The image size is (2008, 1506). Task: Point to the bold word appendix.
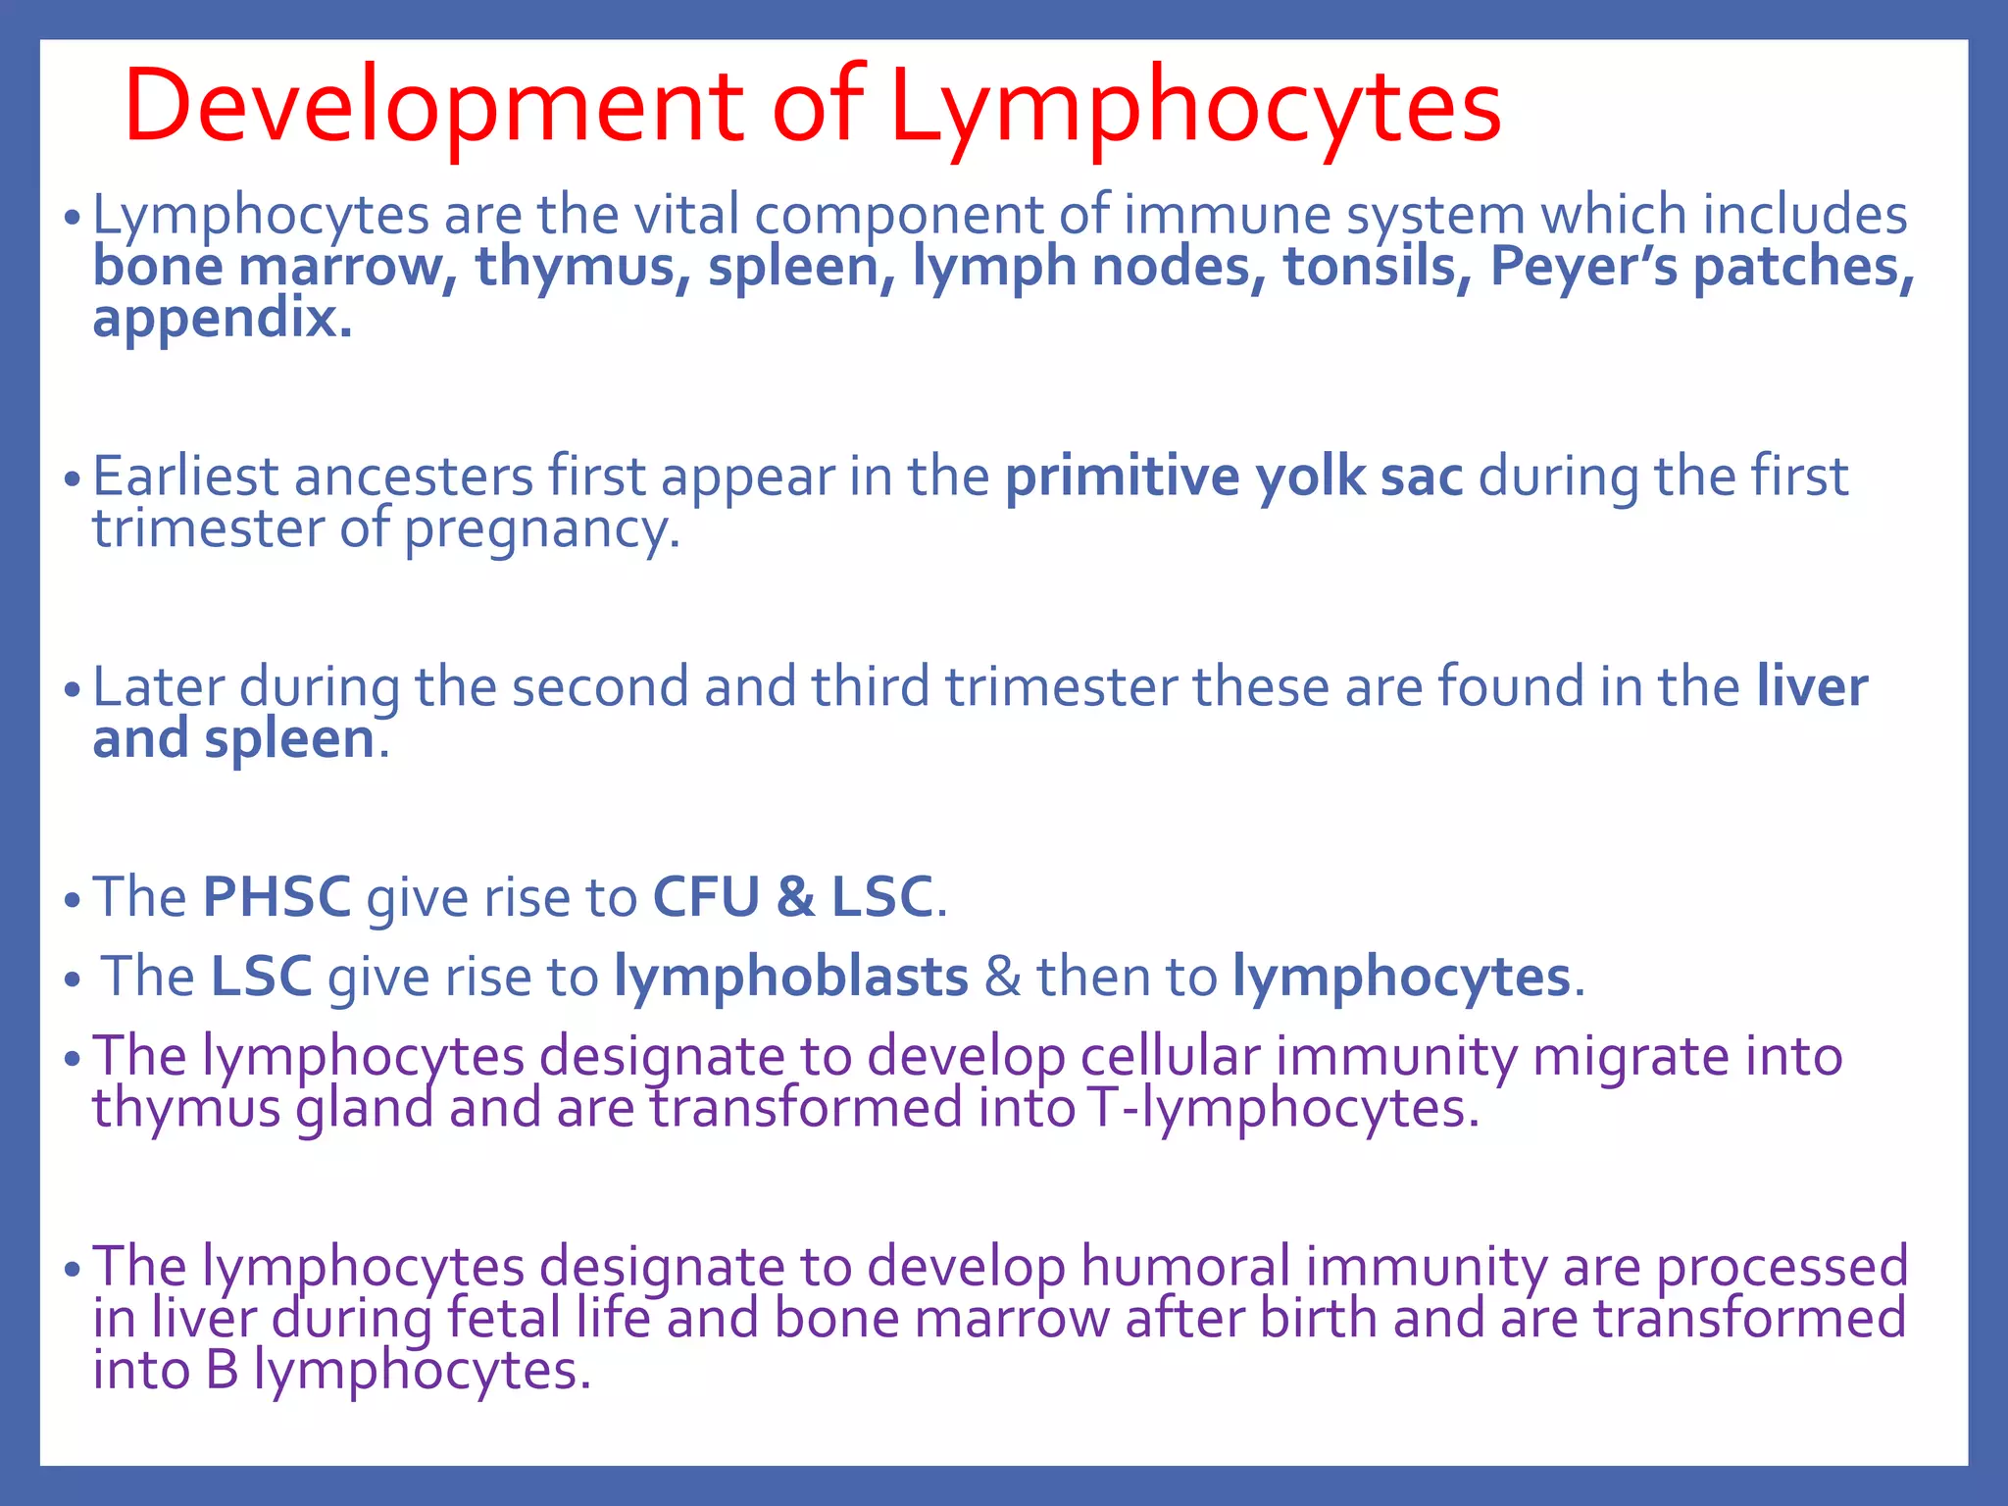(x=222, y=319)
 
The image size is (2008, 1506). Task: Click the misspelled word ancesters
(x=414, y=477)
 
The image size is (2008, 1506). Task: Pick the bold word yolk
(x=1311, y=477)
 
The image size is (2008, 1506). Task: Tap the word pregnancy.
(x=541, y=530)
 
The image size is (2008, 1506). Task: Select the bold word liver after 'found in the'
(x=1812, y=686)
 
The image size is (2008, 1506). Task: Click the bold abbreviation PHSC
(x=276, y=897)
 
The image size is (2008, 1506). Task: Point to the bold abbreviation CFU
(x=706, y=897)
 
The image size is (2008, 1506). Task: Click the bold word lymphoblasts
(x=790, y=978)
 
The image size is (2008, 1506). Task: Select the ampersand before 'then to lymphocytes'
(x=1002, y=978)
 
